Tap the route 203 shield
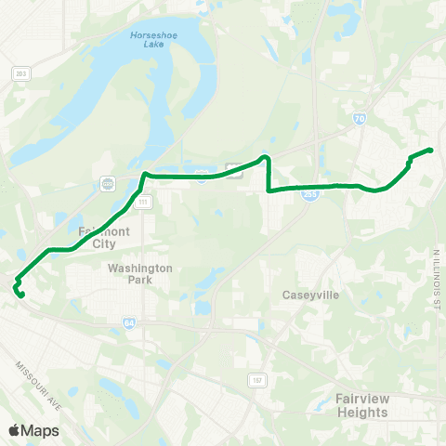20,72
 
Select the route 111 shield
142,202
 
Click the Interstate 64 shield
127,322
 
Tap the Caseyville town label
311,295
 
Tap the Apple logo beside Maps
14,430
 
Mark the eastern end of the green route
432,150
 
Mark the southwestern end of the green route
20,296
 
